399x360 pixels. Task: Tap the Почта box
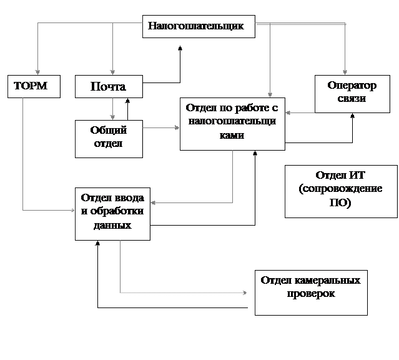point(108,86)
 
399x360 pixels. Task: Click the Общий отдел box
point(108,137)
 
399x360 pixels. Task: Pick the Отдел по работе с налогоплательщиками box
point(232,123)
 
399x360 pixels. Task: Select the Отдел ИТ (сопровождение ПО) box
point(340,191)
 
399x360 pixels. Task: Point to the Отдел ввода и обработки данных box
point(112,212)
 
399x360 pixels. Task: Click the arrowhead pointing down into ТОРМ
point(37,72)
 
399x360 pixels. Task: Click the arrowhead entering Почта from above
point(112,72)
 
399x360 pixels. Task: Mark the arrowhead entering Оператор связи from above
point(343,72)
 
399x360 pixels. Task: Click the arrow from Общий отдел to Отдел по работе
point(161,128)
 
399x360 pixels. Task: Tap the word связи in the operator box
point(352,99)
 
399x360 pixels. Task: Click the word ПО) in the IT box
point(340,203)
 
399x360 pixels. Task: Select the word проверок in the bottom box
point(310,293)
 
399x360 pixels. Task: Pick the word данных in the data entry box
point(112,225)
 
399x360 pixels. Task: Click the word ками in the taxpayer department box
point(232,134)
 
